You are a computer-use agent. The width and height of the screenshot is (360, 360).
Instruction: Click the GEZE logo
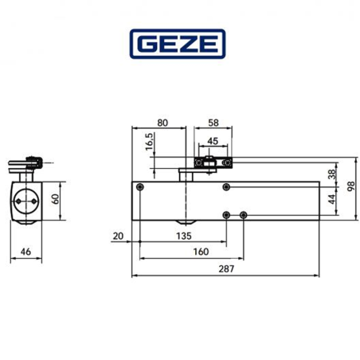tap(179, 45)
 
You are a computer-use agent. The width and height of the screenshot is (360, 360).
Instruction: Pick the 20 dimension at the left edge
tap(119, 235)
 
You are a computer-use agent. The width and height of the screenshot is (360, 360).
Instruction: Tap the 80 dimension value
tap(163, 123)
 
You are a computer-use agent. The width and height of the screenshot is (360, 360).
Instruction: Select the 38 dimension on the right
tap(332, 178)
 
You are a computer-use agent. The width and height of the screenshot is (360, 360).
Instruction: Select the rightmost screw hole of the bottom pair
tap(243, 215)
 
